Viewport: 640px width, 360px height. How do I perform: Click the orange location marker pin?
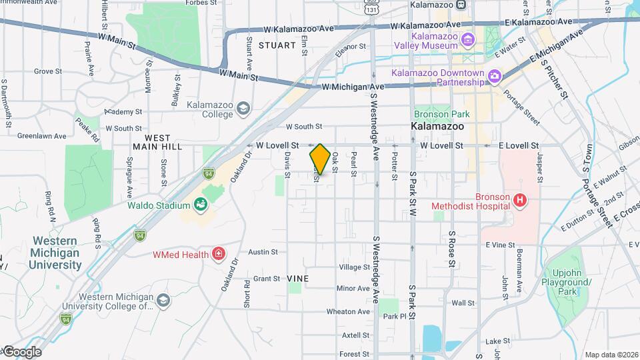tap(320, 159)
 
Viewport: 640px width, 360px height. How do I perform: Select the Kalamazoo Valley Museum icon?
tap(468, 40)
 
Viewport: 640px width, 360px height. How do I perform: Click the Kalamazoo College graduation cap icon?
tap(244, 108)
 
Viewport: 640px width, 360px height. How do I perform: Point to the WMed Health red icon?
tap(218, 254)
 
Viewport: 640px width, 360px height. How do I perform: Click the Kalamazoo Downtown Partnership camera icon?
tap(495, 77)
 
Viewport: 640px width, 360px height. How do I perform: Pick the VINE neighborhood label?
tap(298, 277)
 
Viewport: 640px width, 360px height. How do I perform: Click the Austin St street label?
tap(262, 252)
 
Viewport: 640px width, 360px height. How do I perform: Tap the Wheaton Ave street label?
tap(348, 311)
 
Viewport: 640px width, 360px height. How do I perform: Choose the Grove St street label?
tap(48, 71)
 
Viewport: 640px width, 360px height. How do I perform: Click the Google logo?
tap(21, 352)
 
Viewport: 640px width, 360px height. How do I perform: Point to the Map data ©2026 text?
tap(609, 354)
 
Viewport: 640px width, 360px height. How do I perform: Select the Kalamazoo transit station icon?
tap(460, 4)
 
